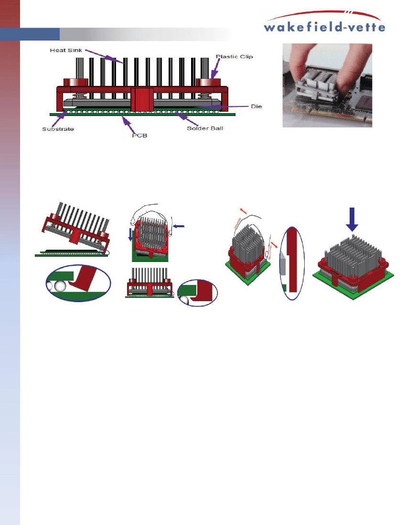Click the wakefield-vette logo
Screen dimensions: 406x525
tap(324, 22)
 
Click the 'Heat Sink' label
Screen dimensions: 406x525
tap(66, 50)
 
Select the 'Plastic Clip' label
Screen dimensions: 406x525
tap(234, 57)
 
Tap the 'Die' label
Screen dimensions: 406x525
tap(256, 106)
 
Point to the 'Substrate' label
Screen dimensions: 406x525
tap(58, 129)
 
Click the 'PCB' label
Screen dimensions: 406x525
tap(139, 135)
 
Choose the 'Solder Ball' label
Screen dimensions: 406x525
tap(205, 128)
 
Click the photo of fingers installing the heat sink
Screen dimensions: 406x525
tap(327, 85)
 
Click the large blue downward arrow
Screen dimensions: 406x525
tap(352, 220)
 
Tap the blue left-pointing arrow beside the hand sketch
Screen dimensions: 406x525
tap(179, 226)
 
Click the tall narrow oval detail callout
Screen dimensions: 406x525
tap(292, 263)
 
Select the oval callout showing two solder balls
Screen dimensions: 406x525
tap(78, 283)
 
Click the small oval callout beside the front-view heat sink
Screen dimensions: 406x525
tap(197, 293)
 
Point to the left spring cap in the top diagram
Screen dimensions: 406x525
tap(76, 83)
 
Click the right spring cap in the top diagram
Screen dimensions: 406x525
tap(208, 83)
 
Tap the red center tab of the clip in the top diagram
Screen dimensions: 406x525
tap(142, 99)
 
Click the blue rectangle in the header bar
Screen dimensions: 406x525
tap(30, 34)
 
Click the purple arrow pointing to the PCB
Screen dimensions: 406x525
tap(128, 124)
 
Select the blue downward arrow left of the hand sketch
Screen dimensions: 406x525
tap(130, 234)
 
